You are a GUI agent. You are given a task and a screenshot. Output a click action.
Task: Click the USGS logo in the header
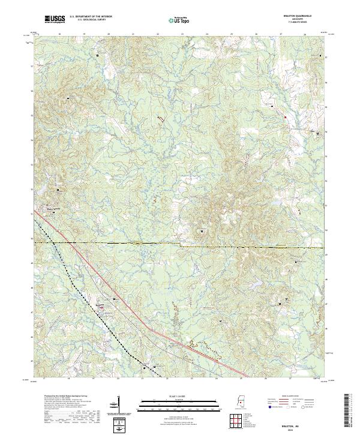55,19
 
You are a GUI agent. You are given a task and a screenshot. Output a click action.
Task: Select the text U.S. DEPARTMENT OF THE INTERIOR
91,17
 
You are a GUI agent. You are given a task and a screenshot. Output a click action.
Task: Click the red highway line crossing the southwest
180,338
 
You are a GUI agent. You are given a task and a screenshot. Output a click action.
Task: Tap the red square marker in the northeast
286,116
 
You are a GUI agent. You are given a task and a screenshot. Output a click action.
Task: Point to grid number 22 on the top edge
157,35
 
